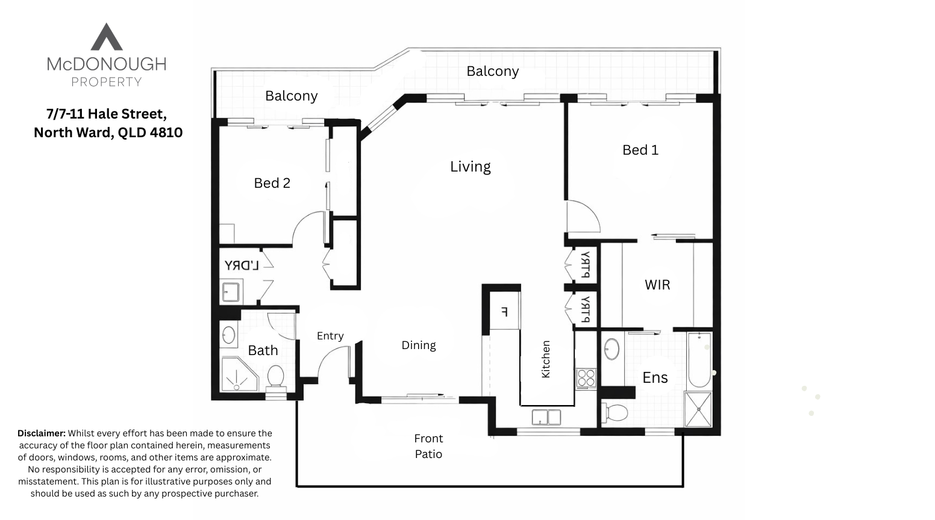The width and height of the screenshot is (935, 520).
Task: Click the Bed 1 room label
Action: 640,150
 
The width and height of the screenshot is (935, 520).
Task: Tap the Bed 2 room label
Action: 272,183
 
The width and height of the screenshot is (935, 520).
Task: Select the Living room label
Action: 470,166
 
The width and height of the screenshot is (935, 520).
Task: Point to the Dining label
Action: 419,345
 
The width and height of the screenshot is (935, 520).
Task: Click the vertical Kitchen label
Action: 546,359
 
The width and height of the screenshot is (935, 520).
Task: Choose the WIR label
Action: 657,285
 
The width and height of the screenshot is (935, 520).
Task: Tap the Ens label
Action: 655,377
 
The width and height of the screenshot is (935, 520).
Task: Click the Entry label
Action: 330,336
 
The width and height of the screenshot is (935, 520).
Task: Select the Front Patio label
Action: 428,446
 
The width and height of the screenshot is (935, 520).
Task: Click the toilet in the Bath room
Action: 276,377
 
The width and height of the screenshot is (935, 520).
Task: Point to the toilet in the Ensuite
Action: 616,412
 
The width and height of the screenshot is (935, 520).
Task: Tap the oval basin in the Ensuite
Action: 611,349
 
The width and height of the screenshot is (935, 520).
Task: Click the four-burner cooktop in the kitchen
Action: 586,377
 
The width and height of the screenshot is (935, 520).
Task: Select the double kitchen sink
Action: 546,416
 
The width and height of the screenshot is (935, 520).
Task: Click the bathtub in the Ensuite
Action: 700,359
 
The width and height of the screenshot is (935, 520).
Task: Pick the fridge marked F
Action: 505,312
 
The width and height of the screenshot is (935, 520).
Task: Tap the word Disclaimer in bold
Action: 41,433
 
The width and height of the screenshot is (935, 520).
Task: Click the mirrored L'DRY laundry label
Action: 242,265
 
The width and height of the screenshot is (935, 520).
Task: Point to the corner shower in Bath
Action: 239,375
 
